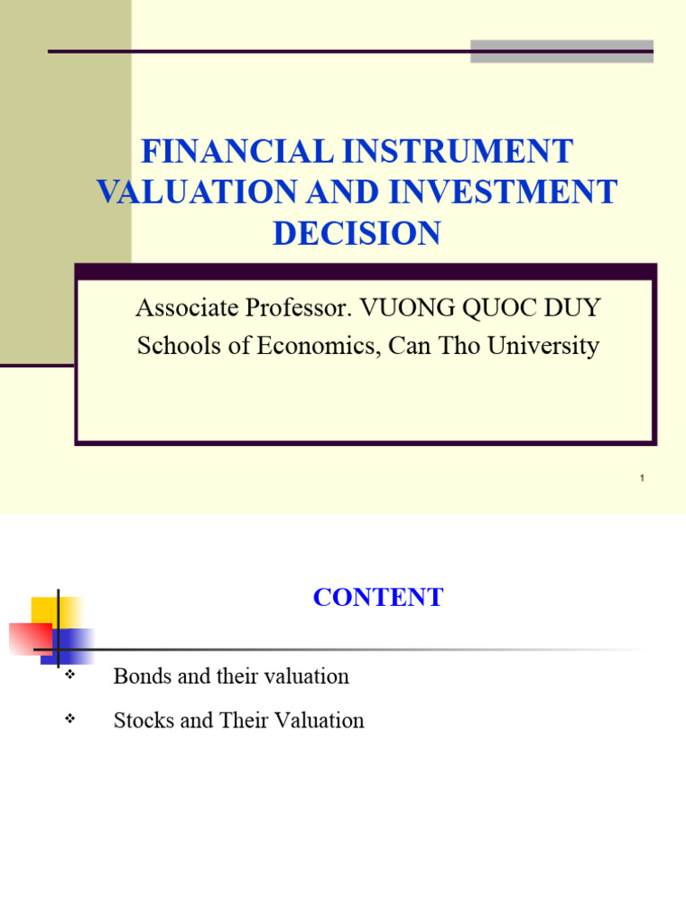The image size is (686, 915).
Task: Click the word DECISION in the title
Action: [356, 233]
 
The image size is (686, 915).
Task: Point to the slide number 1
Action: [641, 479]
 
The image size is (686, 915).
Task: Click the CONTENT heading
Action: [378, 598]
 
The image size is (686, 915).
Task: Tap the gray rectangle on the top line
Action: [561, 51]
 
